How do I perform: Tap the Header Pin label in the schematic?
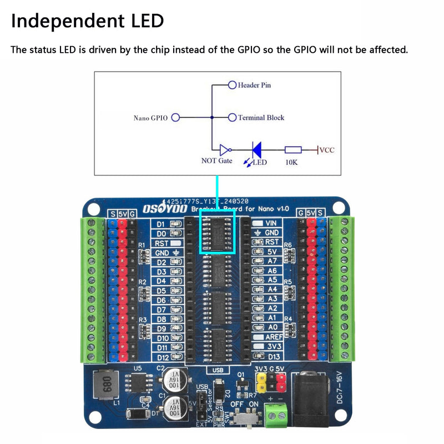(254, 85)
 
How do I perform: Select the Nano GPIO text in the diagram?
(150, 118)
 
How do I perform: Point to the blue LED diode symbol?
(257, 149)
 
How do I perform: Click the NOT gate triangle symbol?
(224, 149)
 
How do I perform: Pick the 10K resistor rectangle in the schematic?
(293, 149)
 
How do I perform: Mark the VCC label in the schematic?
(327, 150)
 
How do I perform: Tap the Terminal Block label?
(261, 118)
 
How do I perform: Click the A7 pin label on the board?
(272, 261)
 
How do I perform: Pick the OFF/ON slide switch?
(245, 417)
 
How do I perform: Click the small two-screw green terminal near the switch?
(277, 413)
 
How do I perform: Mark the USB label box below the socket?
(217, 370)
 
